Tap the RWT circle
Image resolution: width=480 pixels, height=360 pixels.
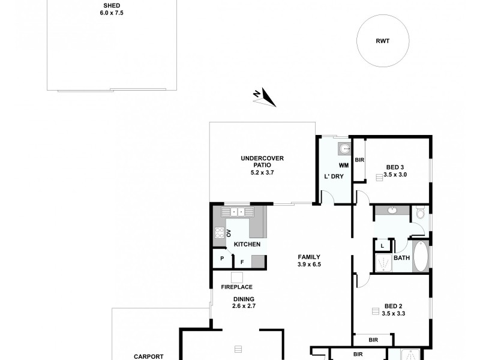[x=382, y=41]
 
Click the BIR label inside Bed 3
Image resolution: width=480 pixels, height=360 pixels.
[x=359, y=160]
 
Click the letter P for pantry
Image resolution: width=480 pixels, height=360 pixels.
[x=222, y=259]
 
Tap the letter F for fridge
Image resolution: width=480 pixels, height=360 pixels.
[x=242, y=262]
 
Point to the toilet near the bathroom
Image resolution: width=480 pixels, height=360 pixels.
[x=421, y=212]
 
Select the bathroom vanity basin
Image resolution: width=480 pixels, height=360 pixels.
[x=392, y=210]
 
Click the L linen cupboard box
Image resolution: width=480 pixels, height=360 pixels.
[x=382, y=245]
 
